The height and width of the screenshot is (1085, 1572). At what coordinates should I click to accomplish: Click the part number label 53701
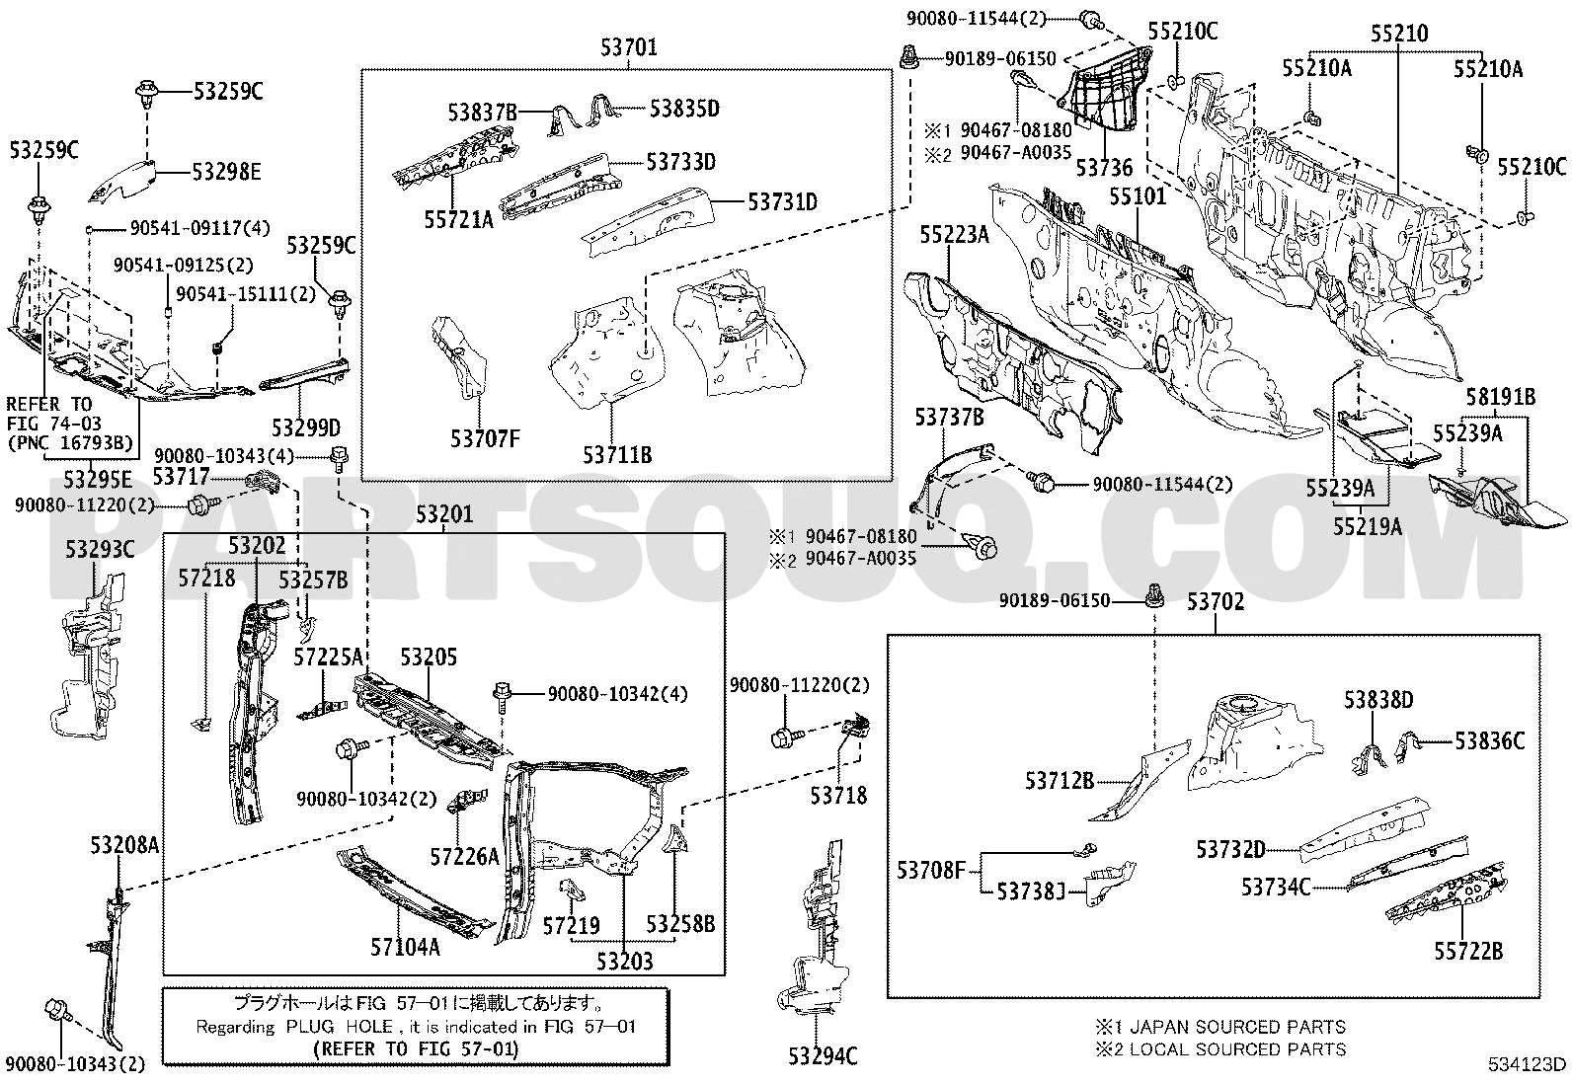629,45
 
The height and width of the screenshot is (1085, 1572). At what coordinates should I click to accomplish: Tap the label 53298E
226,173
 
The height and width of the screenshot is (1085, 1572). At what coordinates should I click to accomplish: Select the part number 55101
1137,196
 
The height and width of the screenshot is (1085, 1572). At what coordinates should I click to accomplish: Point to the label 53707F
484,439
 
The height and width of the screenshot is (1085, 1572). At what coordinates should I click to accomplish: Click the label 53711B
616,455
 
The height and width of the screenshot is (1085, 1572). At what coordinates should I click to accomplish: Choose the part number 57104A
405,948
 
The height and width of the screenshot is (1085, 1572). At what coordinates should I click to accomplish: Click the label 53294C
823,1057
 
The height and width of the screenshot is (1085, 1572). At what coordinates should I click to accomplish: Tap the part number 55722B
1468,951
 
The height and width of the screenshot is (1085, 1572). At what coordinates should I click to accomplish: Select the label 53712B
1059,781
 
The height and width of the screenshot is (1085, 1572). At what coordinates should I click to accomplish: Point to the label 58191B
1500,398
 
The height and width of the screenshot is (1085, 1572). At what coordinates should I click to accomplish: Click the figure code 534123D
1528,1064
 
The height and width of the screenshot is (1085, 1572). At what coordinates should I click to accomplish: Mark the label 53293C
100,550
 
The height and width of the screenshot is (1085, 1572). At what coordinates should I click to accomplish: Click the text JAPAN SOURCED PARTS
1236,1027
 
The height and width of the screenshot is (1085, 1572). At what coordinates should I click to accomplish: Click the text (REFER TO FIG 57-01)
414,1048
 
